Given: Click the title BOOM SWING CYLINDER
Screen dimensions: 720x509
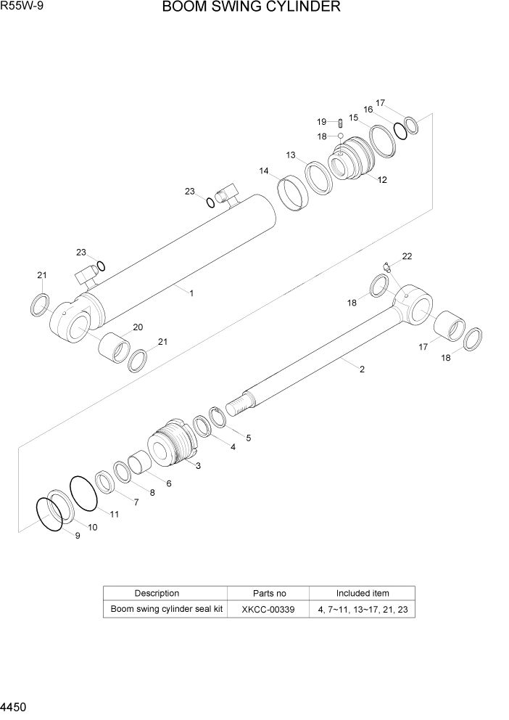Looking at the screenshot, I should tap(251, 8).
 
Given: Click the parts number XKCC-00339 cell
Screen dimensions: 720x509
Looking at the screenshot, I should tap(268, 610).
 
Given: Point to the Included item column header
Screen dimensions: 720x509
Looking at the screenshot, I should tap(363, 593).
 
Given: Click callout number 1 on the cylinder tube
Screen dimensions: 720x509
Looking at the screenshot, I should tap(191, 293).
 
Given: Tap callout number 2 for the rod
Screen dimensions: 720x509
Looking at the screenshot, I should tap(362, 369).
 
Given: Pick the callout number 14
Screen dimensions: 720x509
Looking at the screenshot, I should tap(264, 171).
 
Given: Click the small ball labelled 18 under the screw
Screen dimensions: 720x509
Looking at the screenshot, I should tap(339, 136).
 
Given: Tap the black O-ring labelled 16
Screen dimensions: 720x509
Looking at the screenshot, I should tap(400, 130).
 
